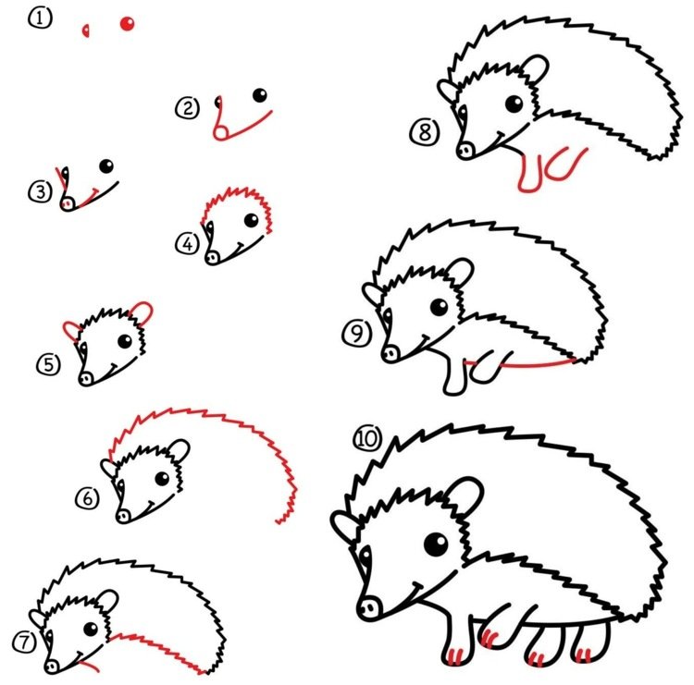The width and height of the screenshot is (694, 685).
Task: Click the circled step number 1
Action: coord(41,18)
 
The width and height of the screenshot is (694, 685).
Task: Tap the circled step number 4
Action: coord(188,243)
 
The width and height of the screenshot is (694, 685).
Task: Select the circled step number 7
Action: coord(24,642)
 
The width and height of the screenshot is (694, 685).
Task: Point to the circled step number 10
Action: coord(367,438)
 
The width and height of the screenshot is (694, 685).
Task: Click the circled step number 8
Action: coord(425,132)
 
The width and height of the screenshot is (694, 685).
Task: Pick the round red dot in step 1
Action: coord(127,23)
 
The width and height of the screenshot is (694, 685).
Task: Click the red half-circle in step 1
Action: coord(86,31)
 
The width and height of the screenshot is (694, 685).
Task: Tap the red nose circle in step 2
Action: coord(221,132)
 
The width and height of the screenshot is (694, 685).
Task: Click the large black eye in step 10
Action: coord(436,544)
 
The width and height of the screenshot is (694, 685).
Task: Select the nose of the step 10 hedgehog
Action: coord(369,608)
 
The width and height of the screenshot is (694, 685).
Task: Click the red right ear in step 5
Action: coord(143,312)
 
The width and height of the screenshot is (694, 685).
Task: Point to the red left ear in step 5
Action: coord(71,331)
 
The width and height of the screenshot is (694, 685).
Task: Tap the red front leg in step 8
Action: coord(530,174)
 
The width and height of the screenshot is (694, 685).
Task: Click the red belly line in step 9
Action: coord(538,365)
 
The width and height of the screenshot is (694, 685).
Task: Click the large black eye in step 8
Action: coord(514,104)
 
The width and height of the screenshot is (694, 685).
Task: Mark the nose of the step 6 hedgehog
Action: coord(123,515)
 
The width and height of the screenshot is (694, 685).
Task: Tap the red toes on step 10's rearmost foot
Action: coord(584,654)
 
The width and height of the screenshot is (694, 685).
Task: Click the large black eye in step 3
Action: coord(106,166)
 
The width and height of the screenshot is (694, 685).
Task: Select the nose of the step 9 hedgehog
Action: coord(390,354)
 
